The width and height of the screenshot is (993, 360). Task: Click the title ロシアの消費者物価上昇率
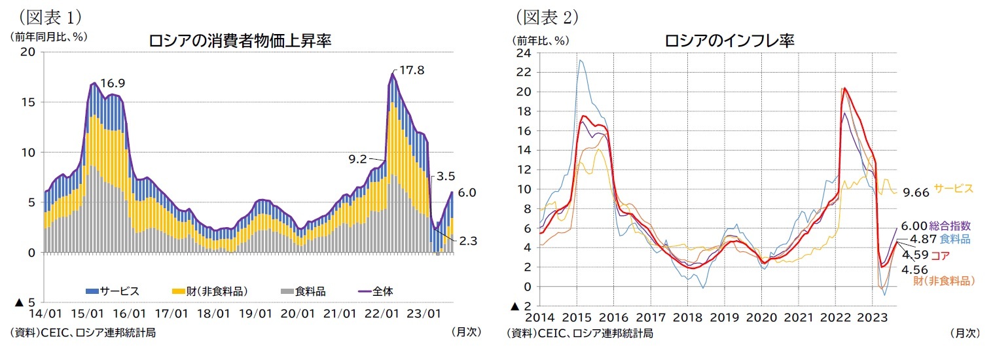click(240, 41)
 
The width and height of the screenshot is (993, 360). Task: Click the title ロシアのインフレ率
click(729, 41)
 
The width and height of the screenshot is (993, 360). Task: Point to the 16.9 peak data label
click(112, 83)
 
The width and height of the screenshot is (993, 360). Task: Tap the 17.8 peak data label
click(412, 70)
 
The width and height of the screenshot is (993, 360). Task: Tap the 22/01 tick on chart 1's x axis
click(383, 313)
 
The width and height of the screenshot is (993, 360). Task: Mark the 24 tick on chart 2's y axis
click(523, 52)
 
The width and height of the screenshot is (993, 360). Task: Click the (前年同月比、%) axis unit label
click(49, 37)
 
